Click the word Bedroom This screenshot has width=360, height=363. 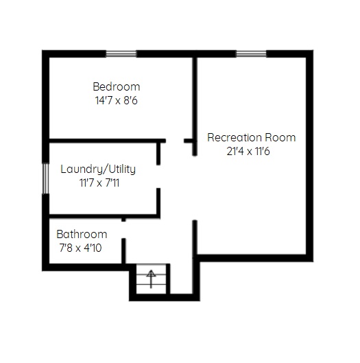(117, 87)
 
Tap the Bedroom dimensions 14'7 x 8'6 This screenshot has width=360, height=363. (117, 100)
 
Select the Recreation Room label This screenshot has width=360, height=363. (252, 137)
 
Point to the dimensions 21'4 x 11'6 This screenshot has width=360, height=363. (248, 152)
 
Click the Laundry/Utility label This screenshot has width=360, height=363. (98, 169)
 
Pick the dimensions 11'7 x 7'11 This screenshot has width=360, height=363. (99, 183)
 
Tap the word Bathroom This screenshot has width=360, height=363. (82, 234)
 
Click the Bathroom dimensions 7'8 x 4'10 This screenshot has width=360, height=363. (80, 248)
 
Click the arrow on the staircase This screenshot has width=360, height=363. (151, 279)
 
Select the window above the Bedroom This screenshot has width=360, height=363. (121, 54)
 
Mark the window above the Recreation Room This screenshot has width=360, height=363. (251, 54)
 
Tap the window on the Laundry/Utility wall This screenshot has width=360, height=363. (45, 178)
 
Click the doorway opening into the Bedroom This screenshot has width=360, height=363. (175, 141)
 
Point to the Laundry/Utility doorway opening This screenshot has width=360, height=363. (158, 176)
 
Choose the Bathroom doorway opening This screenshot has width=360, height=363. (123, 230)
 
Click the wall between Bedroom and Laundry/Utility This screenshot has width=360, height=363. (108, 141)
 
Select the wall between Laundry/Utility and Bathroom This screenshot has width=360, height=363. (105, 216)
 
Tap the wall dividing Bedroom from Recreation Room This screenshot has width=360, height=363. (195, 106)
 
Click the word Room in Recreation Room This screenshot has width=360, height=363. (280, 137)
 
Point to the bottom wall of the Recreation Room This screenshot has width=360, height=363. (253, 258)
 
